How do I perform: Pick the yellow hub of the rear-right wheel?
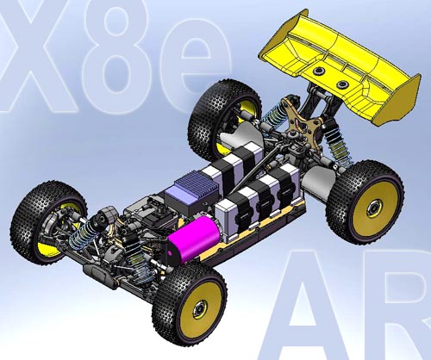click(377, 207)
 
